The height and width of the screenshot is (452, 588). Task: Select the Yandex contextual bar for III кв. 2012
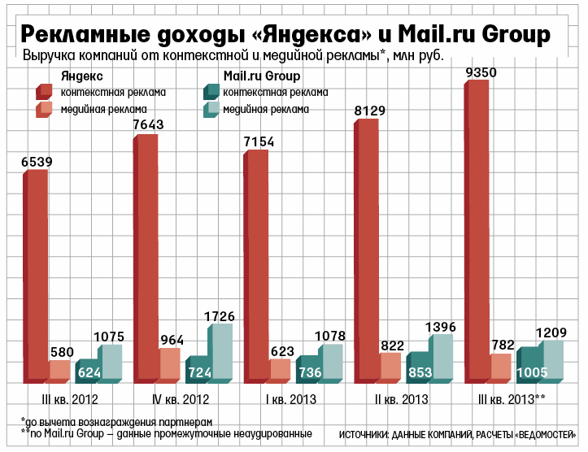[37, 276]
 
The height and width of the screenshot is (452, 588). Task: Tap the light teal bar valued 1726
[221, 354]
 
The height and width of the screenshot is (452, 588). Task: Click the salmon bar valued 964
[169, 365]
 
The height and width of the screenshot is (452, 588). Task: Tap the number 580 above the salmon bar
[62, 353]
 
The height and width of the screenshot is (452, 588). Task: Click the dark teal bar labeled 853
[420, 368]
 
